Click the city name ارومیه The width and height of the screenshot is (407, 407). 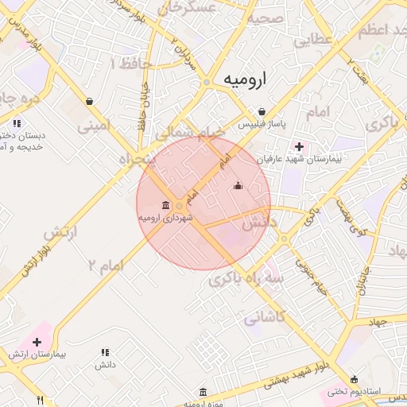(x=254, y=79)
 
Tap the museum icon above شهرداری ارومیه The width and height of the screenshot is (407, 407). (x=165, y=205)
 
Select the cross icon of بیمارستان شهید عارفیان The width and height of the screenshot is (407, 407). (x=299, y=146)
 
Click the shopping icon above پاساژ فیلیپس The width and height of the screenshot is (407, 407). (x=262, y=111)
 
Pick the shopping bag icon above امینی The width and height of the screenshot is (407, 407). (x=88, y=101)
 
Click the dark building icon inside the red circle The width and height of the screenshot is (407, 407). (x=238, y=186)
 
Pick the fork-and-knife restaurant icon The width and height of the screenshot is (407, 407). (x=41, y=399)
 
